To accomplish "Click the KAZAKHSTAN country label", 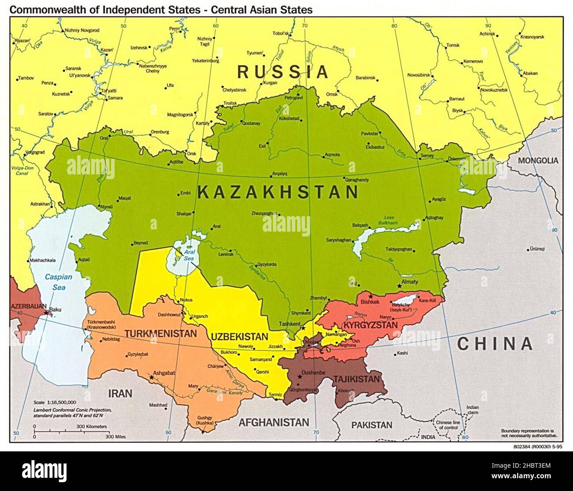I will coord(278,192).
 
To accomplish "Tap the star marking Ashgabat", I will coord(152,377).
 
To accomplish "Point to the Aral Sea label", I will coord(189,255).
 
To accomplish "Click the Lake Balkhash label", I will coord(391,220).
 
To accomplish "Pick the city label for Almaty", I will coord(410,282).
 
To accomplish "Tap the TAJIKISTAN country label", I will coord(356,379).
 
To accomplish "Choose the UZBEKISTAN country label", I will coord(239,336).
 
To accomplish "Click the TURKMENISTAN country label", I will coord(160,333).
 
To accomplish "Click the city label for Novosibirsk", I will coord(418,75).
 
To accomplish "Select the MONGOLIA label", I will coord(538,161).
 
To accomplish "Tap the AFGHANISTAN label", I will coord(274,422).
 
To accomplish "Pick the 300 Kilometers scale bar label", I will coord(92,426).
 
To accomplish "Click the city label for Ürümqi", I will coord(538,249).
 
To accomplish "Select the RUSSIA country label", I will coord(283,71).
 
